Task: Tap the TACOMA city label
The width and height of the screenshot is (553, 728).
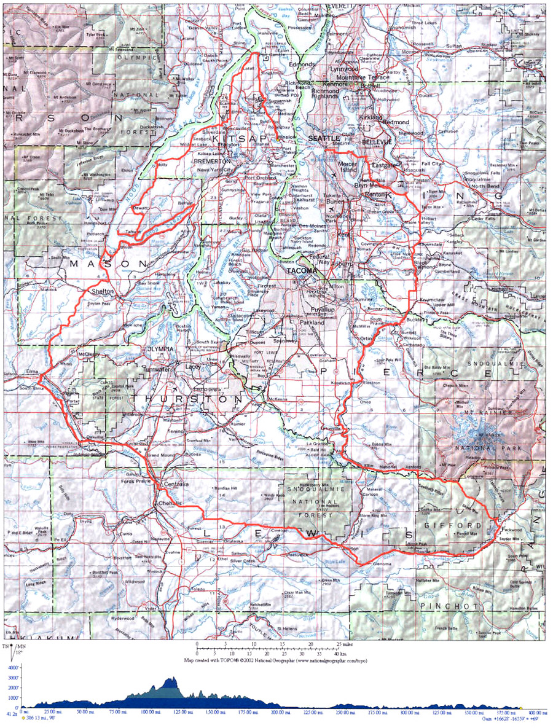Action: tap(301, 270)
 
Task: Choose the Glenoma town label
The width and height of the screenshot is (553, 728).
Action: tap(382, 563)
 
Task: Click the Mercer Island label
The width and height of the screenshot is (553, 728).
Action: tap(356, 166)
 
